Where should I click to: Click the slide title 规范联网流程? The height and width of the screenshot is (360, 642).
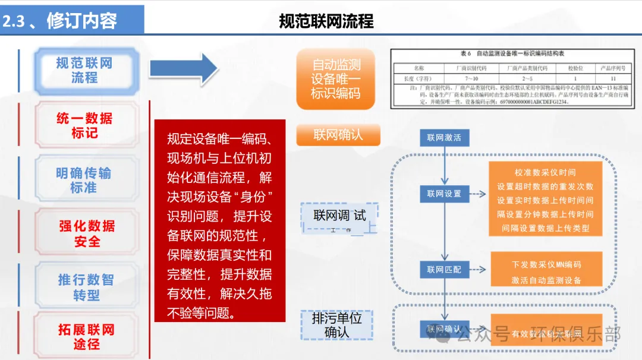[326, 21]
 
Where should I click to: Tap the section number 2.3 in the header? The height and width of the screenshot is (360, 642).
[13, 21]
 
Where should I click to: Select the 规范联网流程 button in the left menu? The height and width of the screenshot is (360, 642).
[85, 71]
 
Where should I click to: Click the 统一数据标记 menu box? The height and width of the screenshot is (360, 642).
[85, 125]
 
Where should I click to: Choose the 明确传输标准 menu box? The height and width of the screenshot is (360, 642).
[85, 180]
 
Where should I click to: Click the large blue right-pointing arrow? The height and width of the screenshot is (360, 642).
[184, 69]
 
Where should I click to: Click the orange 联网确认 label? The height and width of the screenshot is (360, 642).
[338, 135]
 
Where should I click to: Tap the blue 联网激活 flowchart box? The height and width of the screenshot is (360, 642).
[444, 138]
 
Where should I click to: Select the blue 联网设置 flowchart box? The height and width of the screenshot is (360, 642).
[444, 194]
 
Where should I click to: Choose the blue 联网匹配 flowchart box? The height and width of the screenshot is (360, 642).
[444, 269]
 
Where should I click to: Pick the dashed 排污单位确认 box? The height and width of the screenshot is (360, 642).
[336, 325]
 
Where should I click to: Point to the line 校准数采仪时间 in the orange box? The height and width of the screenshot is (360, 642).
[545, 172]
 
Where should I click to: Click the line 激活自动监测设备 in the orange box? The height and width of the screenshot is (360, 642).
[546, 280]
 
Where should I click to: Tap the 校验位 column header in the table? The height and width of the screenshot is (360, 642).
[575, 68]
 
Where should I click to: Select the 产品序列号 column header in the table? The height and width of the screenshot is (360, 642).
[613, 68]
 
